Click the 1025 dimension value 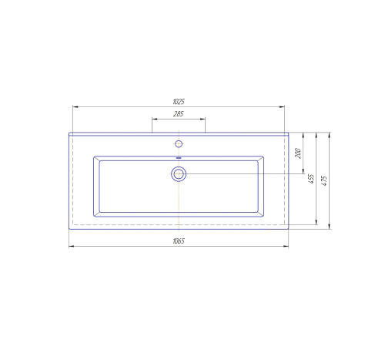pyautogui.click(x=179, y=102)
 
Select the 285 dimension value pyautogui.click(x=179, y=114)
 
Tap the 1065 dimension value pyautogui.click(x=179, y=241)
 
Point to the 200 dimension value pyautogui.click(x=298, y=153)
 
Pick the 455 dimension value pyautogui.click(x=311, y=179)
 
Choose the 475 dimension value pyautogui.click(x=324, y=180)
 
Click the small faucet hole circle pyautogui.click(x=179, y=144)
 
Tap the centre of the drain pyautogui.click(x=179, y=174)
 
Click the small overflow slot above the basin pyautogui.click(x=179, y=158)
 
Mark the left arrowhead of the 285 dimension pyautogui.click(x=154, y=119)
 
